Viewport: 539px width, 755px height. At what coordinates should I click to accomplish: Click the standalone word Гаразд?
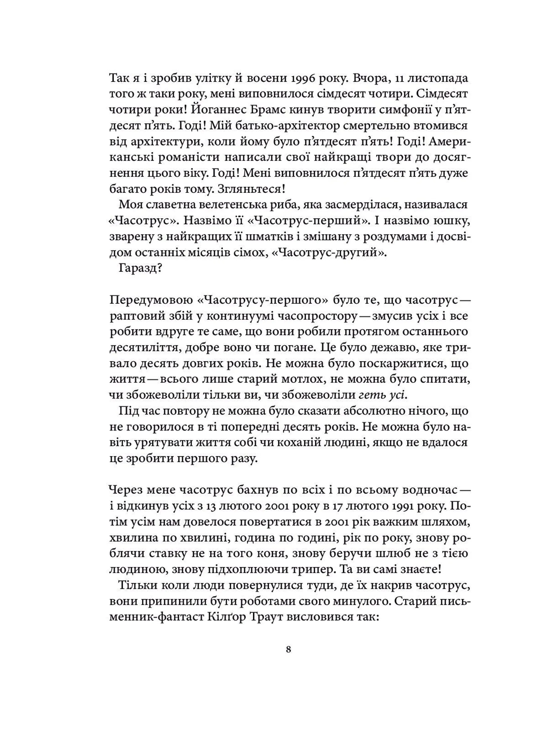point(140,268)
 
